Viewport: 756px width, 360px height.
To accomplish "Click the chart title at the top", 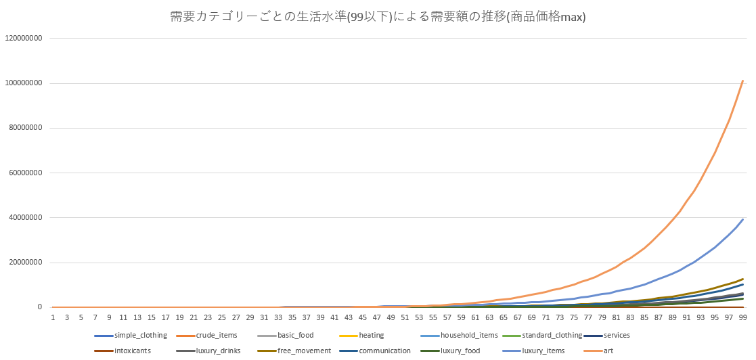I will (x=378, y=17).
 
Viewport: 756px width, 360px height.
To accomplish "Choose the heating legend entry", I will (x=371, y=335).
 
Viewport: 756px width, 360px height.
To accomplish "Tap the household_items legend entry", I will (x=469, y=335).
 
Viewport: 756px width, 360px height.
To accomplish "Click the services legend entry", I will (x=615, y=335).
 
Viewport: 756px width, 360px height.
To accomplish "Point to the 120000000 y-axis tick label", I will (x=24, y=39).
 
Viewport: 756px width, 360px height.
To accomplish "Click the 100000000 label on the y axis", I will (x=24, y=83).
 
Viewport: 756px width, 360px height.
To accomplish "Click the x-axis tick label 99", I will (x=743, y=317).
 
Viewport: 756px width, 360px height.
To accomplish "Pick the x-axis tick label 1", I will (x=53, y=317).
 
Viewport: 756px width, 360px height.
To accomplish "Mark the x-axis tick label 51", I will (x=405, y=317).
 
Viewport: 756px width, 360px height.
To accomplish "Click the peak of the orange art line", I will (x=743, y=81).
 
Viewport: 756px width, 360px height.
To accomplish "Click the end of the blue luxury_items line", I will (x=743, y=219).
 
